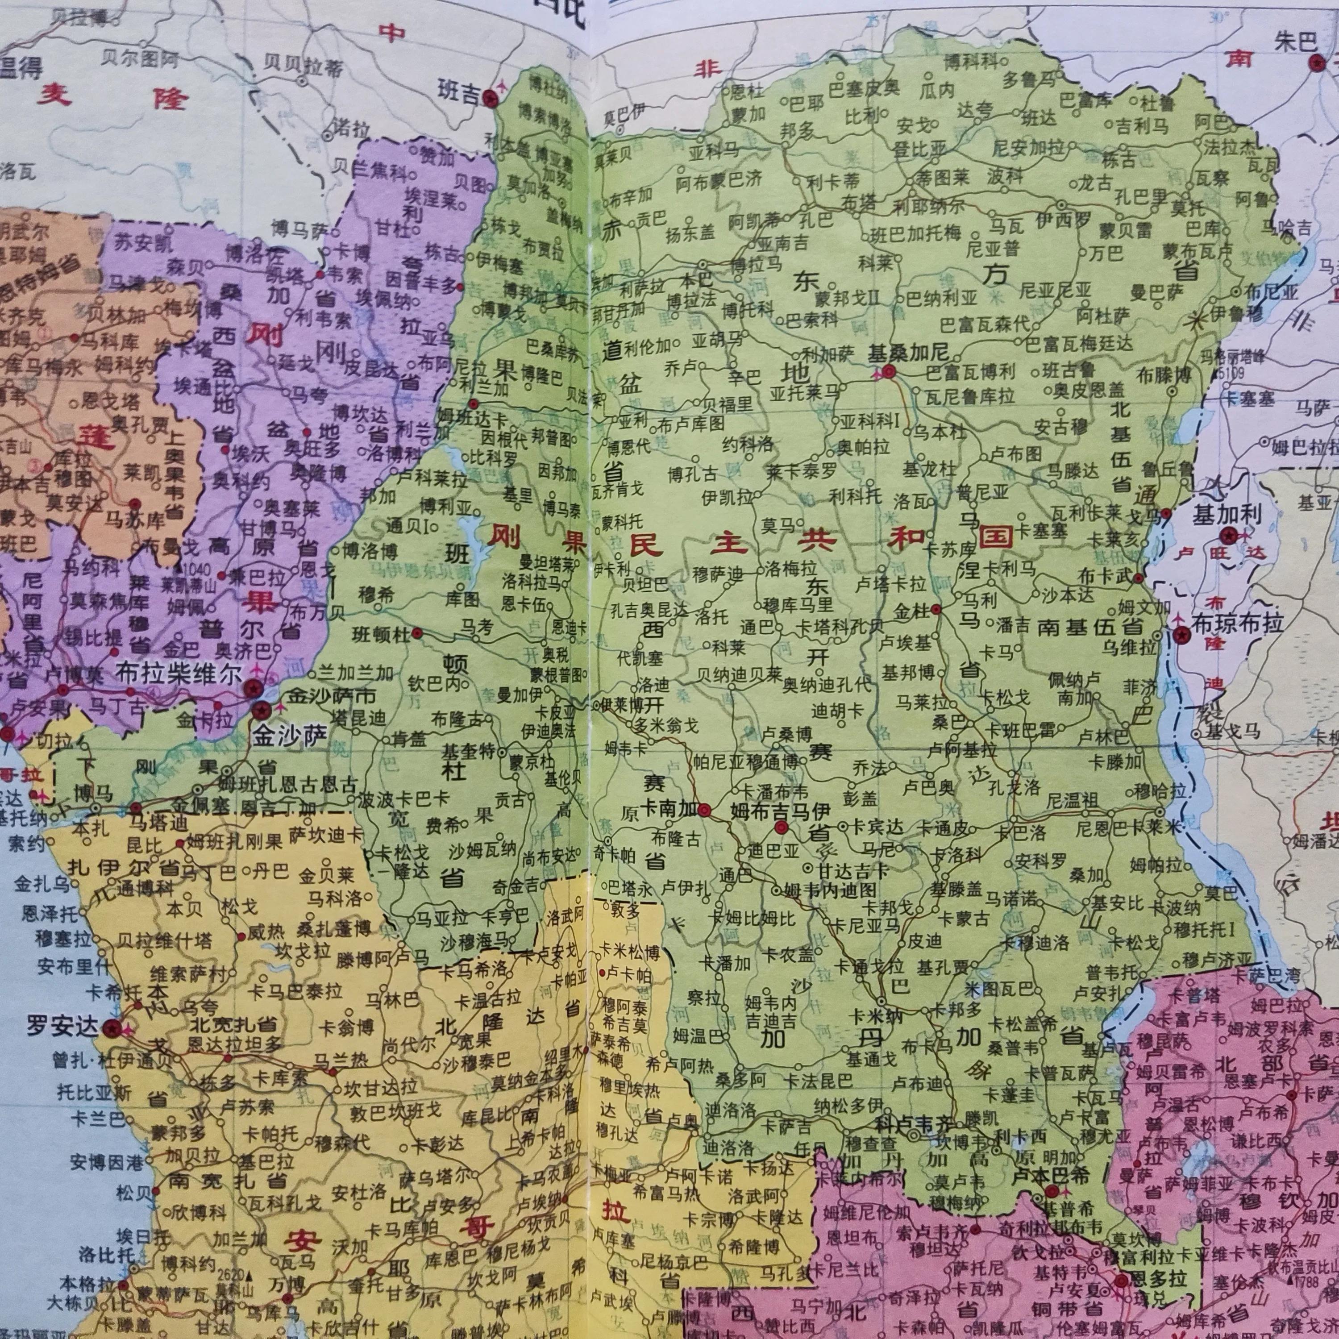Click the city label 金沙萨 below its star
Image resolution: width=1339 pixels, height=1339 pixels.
tap(289, 736)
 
